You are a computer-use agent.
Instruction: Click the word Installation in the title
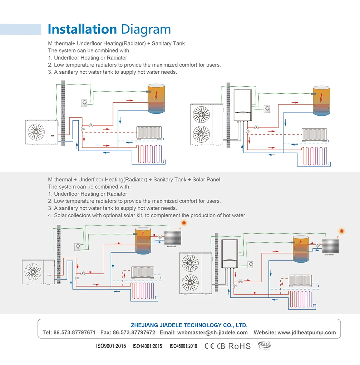pos(82,29)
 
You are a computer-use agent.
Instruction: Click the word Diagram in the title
pos(146,30)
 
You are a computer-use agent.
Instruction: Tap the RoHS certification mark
pos(239,346)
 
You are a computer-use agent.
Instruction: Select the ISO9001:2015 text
pos(111,346)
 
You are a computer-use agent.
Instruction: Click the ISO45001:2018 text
pos(183,346)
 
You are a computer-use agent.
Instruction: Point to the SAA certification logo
pos(265,345)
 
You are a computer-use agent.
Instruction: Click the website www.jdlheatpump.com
pos(306,332)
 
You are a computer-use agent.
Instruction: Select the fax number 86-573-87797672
pos(134,332)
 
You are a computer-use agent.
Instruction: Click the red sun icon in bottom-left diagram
pos(184,223)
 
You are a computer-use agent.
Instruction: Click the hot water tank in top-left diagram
pos(156,98)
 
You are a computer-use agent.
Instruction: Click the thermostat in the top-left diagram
pos(84,103)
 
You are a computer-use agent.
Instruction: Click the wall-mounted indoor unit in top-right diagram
pos(243,106)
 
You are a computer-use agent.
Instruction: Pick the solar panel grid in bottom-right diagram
pos(331,246)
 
